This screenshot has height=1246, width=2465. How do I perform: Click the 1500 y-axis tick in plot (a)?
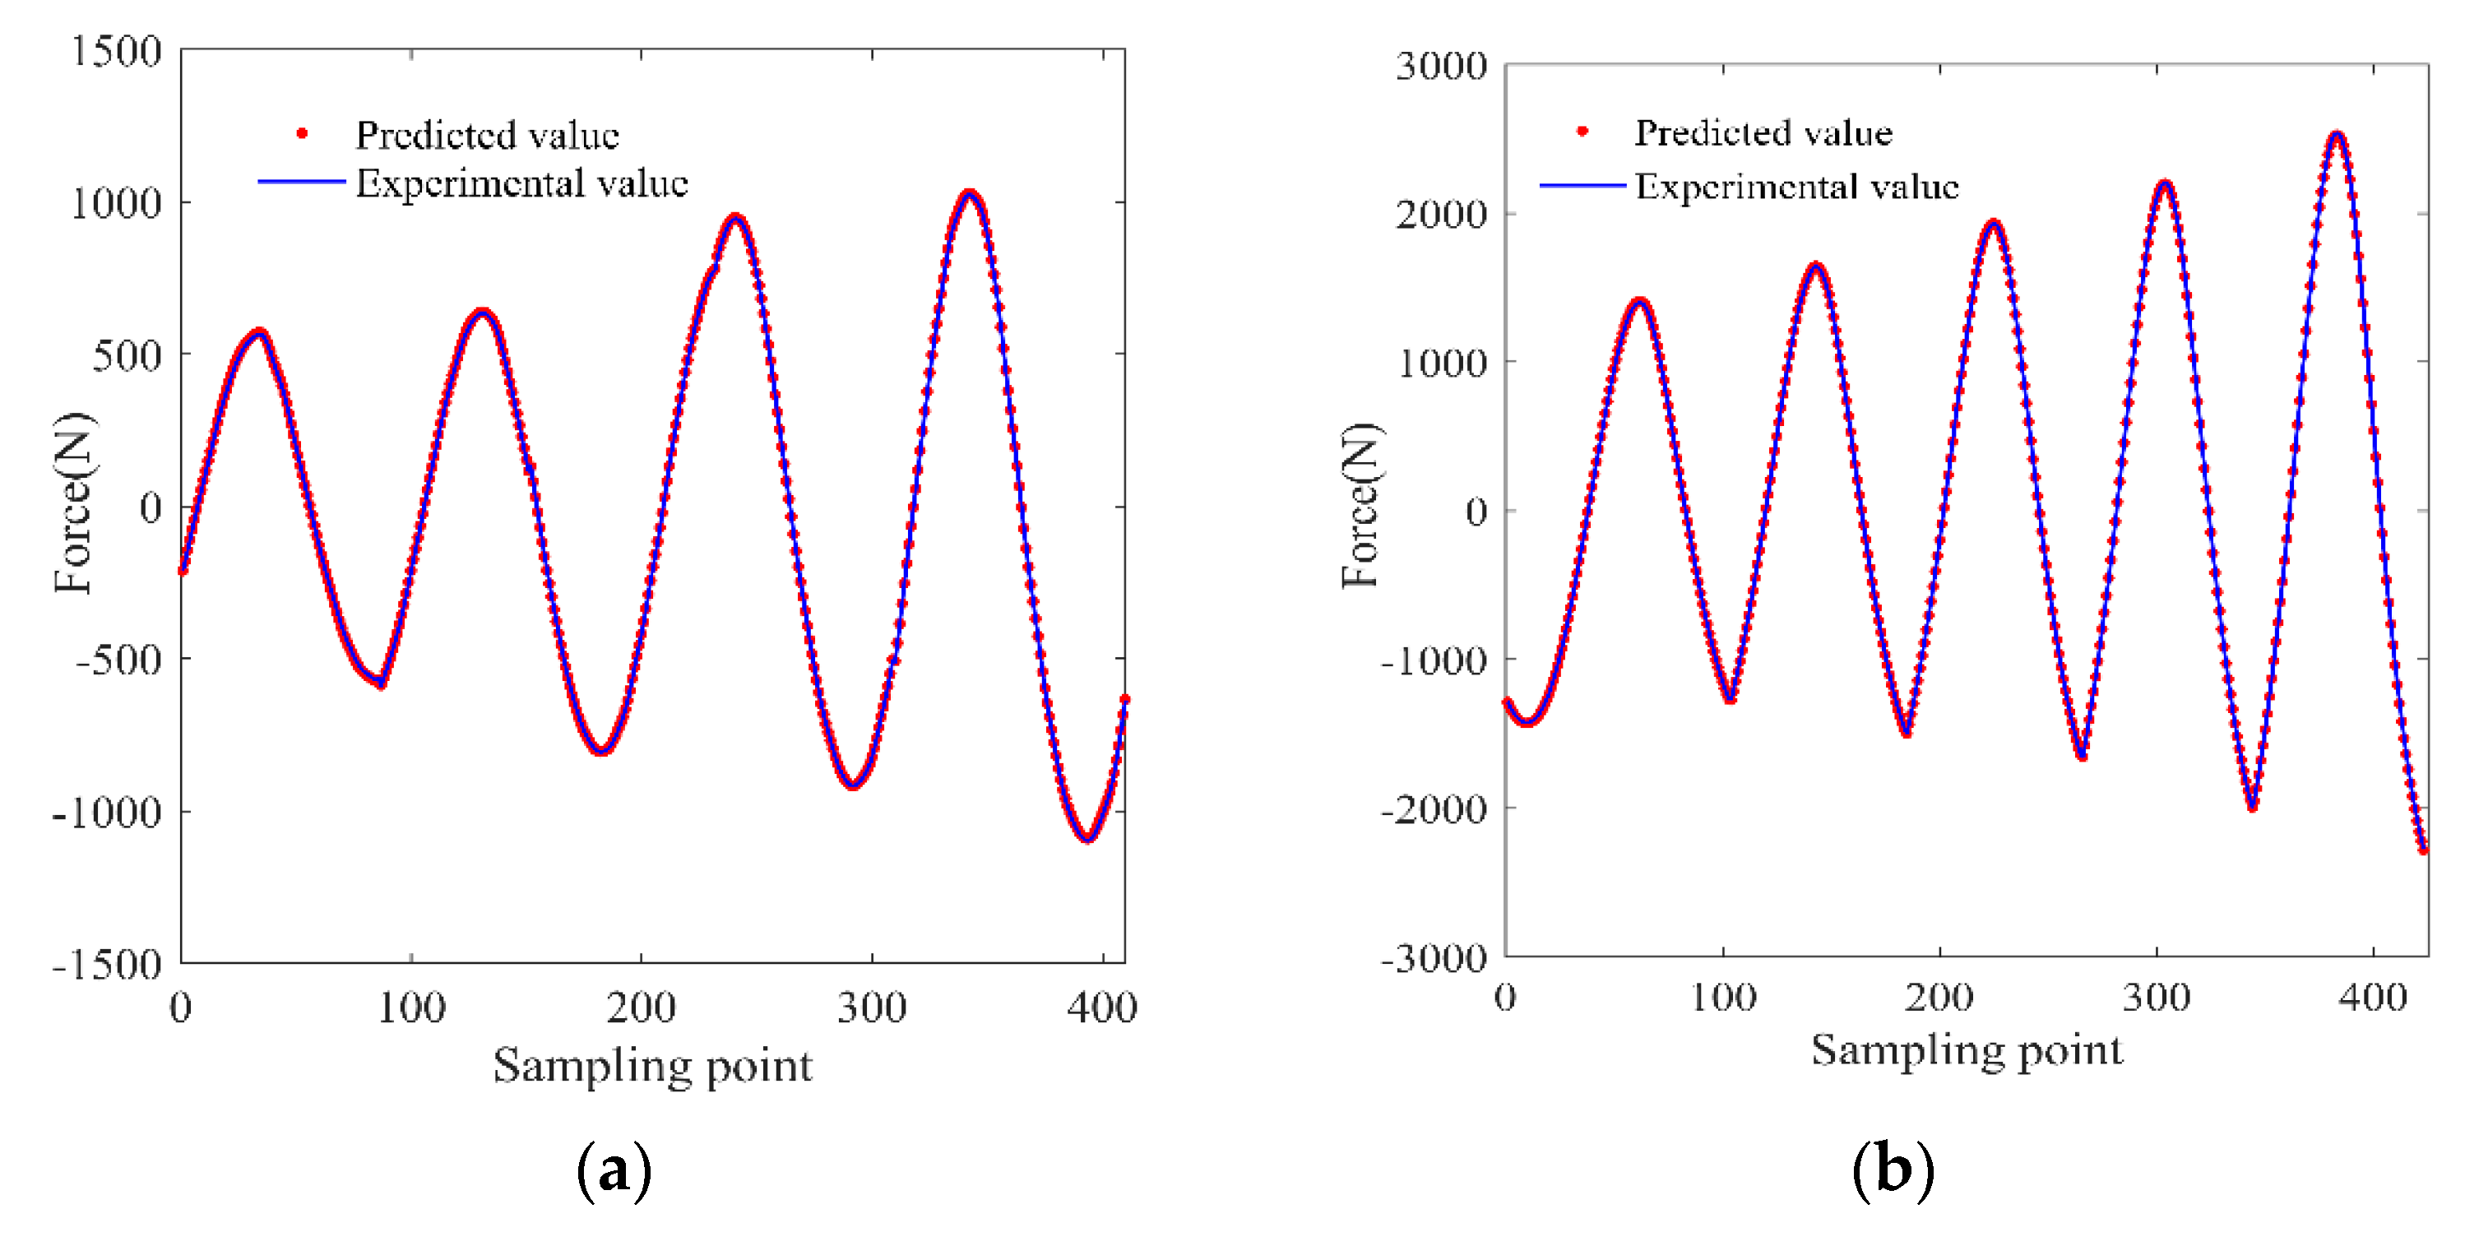coord(117,51)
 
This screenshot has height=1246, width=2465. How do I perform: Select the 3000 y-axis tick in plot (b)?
coord(1441,66)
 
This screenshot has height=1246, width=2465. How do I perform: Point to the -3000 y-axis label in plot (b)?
coord(1434,958)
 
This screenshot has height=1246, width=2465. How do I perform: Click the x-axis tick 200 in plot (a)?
coord(640,1007)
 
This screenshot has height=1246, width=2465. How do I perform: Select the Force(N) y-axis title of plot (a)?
coord(74,503)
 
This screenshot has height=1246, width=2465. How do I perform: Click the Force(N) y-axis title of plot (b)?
coord(1360,504)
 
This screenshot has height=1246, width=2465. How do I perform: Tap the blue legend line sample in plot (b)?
coord(1581,186)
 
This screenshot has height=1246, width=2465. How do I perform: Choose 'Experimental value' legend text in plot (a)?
coord(521,183)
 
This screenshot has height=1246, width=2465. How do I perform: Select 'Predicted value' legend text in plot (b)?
coord(1763,133)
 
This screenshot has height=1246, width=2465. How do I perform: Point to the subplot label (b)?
coord(1893,1170)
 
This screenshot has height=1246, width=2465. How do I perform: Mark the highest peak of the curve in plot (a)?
coord(970,194)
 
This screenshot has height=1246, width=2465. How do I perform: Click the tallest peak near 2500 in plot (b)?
coord(2337,135)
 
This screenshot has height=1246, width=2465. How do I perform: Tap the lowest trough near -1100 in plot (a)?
coord(1087,839)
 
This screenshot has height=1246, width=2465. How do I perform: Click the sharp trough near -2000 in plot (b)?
coord(2253,807)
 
